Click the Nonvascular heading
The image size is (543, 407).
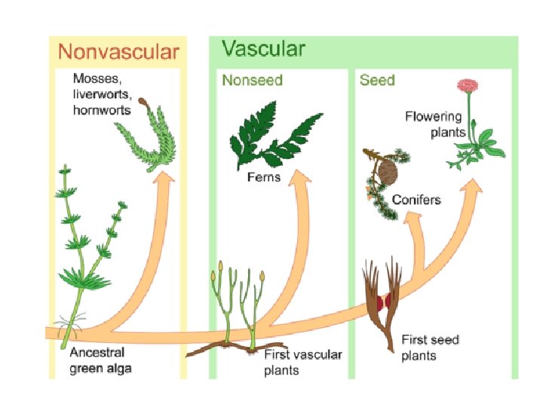point(118,52)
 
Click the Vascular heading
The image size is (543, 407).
point(263,50)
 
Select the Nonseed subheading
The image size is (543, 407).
point(251,79)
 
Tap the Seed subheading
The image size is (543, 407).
point(377,79)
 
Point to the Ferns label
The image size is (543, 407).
point(263,178)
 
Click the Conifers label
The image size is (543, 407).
point(416,200)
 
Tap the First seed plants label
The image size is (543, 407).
point(429,347)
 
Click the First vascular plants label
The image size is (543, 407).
point(302,362)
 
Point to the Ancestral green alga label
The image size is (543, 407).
point(100,360)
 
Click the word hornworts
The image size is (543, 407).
point(102,110)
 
